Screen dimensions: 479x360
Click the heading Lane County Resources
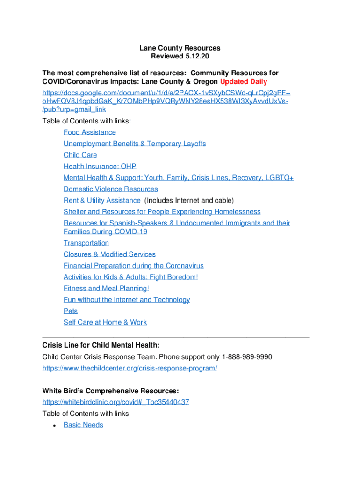tap(180, 48)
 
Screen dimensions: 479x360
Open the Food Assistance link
tap(90, 132)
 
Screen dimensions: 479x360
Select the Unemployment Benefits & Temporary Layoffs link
tap(135, 144)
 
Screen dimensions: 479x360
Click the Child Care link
tap(80, 155)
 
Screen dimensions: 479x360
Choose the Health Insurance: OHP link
tap(100, 166)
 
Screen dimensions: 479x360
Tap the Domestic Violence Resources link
tap(111, 189)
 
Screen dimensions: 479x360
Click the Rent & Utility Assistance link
tap(102, 200)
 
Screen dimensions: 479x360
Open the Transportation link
tap(86, 243)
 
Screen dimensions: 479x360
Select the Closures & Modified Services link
tap(110, 254)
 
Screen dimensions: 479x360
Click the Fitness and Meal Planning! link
tap(107, 288)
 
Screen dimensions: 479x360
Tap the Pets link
tap(71, 311)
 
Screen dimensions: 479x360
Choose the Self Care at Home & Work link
tap(105, 322)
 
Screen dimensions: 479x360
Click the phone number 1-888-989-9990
tap(247, 357)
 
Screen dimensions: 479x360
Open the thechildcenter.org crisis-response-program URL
tap(130, 368)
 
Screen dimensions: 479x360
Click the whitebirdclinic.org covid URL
tap(116, 402)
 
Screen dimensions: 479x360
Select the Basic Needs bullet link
tap(83, 425)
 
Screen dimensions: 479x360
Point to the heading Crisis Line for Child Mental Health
tap(101, 345)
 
